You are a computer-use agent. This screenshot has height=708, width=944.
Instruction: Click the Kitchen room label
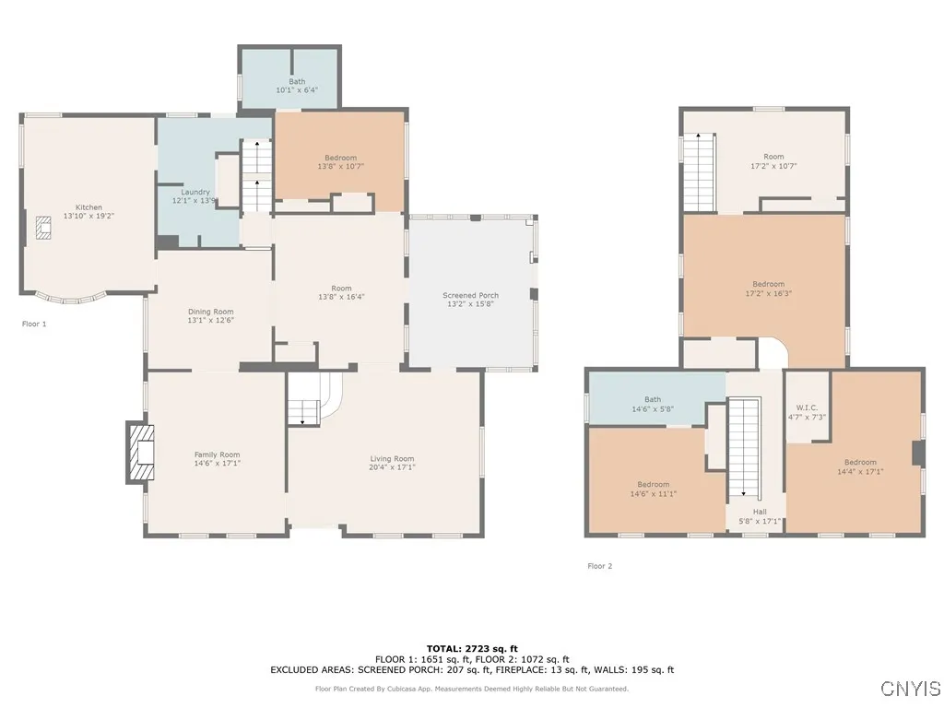[88, 207]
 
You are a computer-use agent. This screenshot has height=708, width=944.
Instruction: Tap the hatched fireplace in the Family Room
[142, 453]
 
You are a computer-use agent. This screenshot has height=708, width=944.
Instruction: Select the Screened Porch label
[470, 295]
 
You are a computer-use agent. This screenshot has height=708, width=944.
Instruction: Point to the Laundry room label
[195, 192]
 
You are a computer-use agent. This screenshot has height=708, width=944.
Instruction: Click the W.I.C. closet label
[807, 407]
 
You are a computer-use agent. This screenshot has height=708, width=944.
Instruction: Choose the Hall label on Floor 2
[760, 512]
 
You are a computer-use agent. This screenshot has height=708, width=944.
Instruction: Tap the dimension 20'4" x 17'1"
[392, 467]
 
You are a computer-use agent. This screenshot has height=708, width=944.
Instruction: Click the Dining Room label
[211, 312]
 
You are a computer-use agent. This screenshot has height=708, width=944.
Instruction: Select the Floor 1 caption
[34, 324]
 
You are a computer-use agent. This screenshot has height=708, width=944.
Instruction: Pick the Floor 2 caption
[599, 566]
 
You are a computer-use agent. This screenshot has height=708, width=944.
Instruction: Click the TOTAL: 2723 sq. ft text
[472, 648]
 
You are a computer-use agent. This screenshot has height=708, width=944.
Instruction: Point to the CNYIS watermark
[910, 689]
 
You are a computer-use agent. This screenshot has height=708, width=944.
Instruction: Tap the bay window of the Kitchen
[72, 298]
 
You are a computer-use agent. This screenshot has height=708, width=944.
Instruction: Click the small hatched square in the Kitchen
[43, 228]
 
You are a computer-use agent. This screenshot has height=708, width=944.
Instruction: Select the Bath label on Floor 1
[297, 81]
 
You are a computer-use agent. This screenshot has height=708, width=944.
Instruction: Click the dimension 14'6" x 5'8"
[653, 408]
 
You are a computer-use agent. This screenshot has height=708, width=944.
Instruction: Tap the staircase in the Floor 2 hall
[744, 449]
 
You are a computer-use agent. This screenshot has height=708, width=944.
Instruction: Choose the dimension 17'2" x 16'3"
[768, 294]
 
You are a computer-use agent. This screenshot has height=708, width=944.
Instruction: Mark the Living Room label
[392, 459]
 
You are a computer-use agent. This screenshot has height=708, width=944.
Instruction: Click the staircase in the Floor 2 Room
[699, 172]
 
